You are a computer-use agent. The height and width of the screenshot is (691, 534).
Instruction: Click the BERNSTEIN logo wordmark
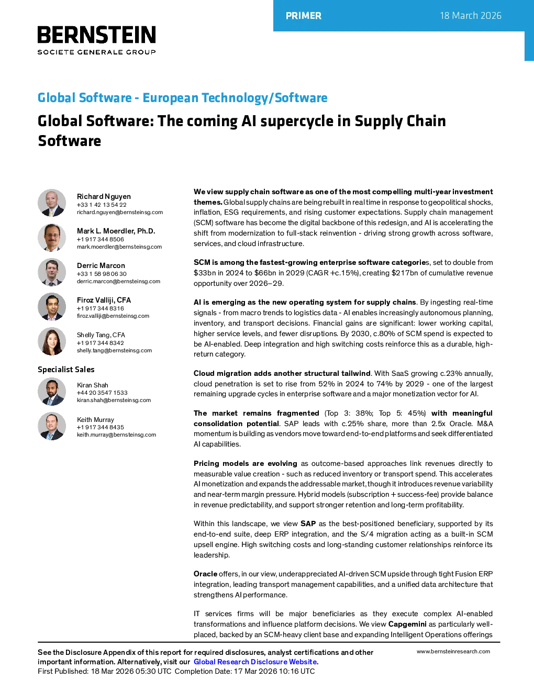97,35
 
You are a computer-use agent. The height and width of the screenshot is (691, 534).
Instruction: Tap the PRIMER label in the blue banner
304,16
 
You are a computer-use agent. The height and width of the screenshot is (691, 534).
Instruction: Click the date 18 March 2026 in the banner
470,16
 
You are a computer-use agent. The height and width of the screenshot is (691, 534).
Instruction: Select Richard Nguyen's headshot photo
52,203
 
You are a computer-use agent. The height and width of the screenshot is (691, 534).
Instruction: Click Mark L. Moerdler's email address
119,247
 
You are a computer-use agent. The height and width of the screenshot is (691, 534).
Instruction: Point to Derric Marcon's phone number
102,274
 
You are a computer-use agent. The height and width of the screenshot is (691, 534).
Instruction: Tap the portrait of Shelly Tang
52,341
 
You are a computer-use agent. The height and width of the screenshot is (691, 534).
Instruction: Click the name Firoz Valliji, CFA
104,300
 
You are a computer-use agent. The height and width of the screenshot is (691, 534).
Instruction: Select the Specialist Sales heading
66,370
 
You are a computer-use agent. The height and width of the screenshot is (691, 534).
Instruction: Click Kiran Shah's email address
114,400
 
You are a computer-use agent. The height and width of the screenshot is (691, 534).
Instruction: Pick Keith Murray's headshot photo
52,426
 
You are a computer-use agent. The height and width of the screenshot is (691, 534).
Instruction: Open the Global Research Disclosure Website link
255,662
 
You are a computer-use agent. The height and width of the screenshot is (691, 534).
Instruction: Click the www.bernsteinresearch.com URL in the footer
453,652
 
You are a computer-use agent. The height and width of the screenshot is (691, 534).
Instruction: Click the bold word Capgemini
407,624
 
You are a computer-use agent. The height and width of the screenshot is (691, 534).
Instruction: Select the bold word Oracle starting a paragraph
205,574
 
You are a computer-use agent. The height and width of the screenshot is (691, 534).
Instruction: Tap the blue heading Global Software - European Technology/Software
183,97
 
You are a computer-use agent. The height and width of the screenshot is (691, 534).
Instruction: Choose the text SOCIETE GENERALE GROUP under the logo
97,52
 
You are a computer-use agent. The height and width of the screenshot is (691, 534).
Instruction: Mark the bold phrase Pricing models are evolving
246,463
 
